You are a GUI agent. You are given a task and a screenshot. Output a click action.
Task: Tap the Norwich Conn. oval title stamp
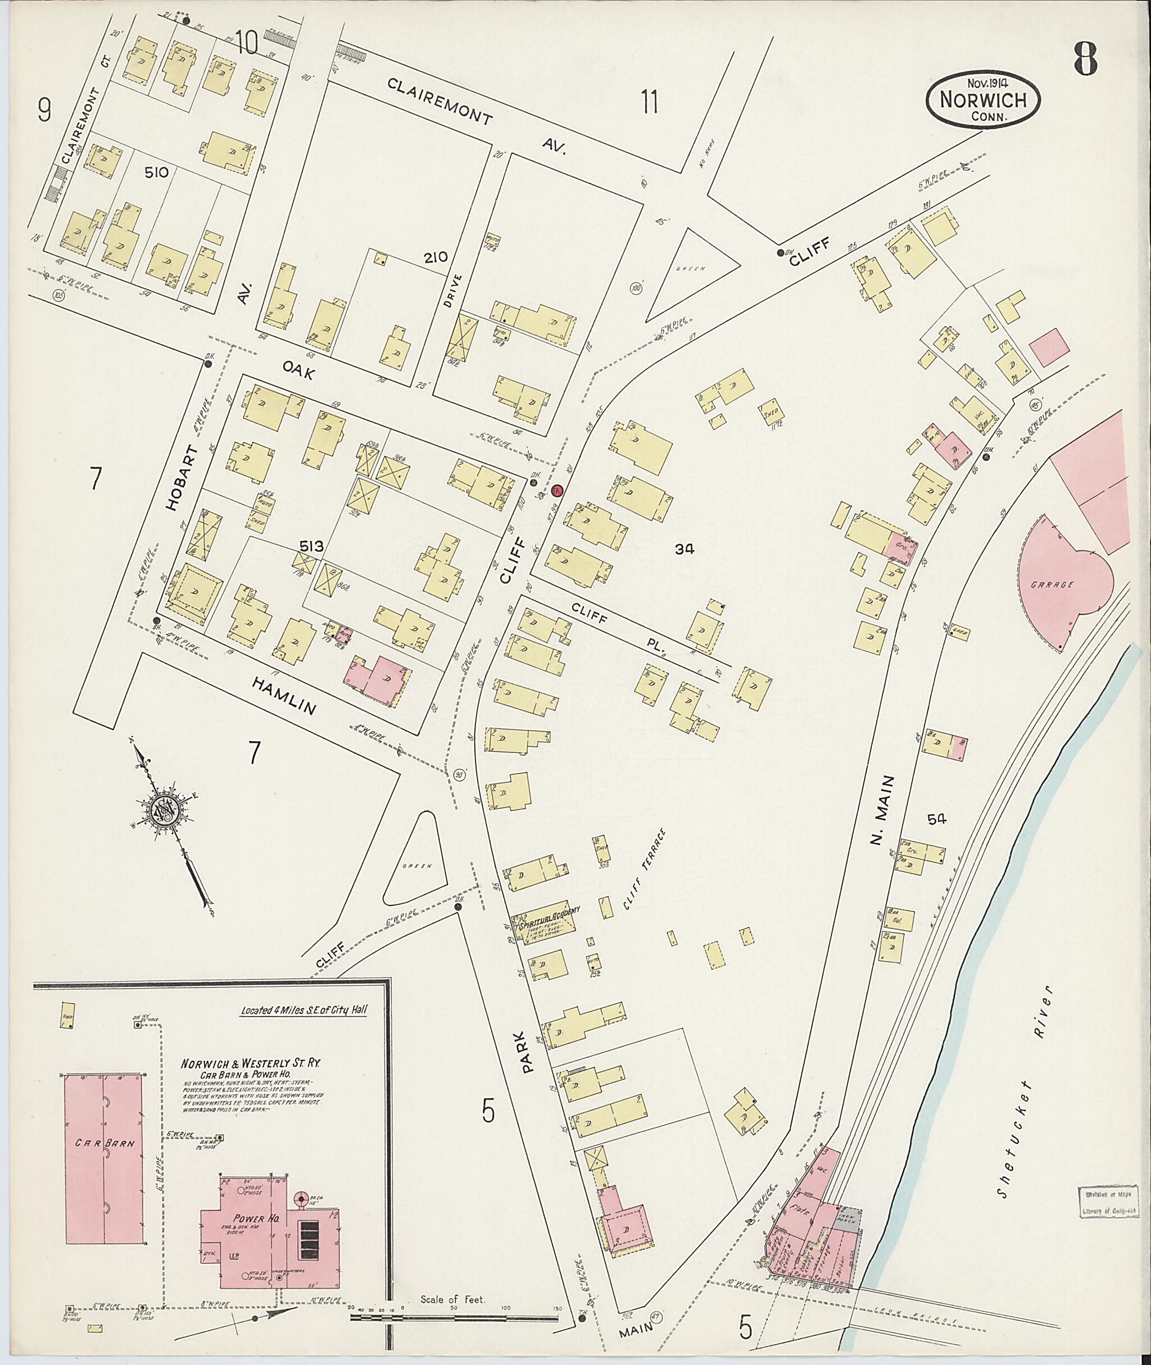tap(984, 99)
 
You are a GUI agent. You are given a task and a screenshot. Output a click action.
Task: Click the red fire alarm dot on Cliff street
tap(556, 490)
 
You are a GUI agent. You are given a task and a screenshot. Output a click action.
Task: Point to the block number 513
tap(311, 546)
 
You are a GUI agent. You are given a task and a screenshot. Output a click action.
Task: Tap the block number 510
tap(157, 173)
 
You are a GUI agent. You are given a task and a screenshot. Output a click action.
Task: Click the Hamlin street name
tap(284, 696)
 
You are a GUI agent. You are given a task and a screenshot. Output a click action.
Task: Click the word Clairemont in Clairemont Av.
tap(440, 101)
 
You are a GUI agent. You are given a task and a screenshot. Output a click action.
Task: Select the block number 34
tap(685, 550)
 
